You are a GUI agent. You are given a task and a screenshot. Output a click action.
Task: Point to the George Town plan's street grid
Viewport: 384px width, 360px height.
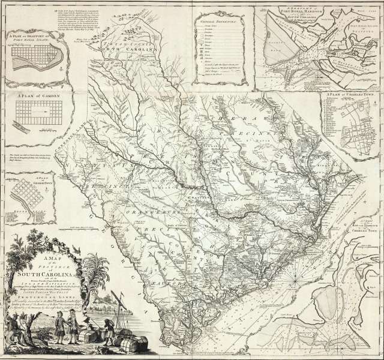tap(30, 194)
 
